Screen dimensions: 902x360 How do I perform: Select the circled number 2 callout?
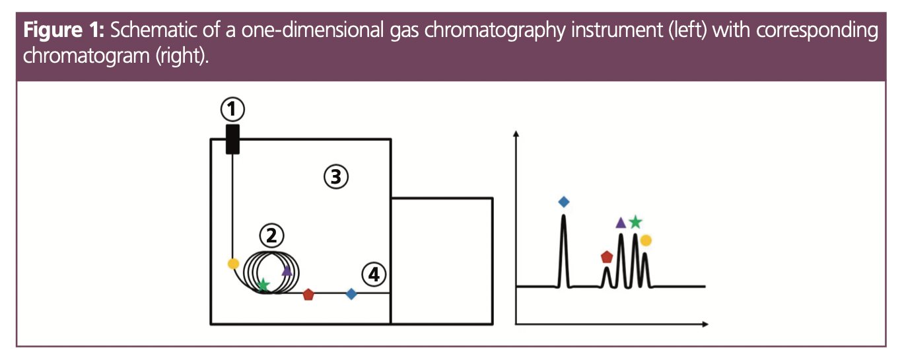click(x=271, y=234)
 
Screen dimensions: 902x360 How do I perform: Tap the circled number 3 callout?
click(x=335, y=176)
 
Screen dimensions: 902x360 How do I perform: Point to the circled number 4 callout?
click(x=374, y=274)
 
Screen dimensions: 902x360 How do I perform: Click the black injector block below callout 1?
click(x=232, y=139)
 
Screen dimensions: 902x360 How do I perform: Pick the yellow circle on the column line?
click(x=232, y=264)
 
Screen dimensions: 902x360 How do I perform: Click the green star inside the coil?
click(x=263, y=285)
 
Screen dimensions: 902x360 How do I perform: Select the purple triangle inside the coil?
click(x=287, y=270)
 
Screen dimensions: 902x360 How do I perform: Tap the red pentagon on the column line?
click(x=308, y=295)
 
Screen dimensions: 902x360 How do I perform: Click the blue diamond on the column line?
click(x=351, y=294)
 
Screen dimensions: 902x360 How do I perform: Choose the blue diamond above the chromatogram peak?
click(x=563, y=201)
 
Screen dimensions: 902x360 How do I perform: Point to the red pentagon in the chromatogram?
click(x=607, y=256)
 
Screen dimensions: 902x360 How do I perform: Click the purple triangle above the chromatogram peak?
click(x=621, y=223)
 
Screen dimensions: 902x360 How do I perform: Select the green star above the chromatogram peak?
click(x=635, y=222)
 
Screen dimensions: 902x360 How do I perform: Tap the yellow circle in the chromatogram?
click(x=646, y=240)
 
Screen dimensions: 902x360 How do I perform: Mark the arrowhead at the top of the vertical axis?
click(x=516, y=134)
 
